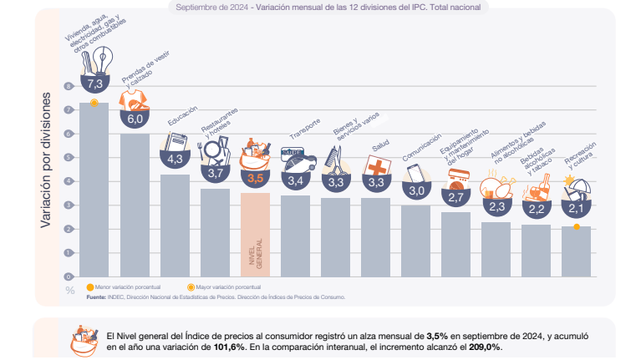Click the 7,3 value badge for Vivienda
94,84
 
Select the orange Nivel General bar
255,234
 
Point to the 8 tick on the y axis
70,86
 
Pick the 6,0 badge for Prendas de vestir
135,119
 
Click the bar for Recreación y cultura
577,251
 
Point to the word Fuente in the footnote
96,296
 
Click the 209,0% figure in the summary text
484,347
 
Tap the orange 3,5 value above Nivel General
255,178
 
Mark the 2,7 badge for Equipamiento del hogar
455,197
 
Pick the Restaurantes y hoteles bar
215,232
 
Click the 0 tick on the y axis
70,276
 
